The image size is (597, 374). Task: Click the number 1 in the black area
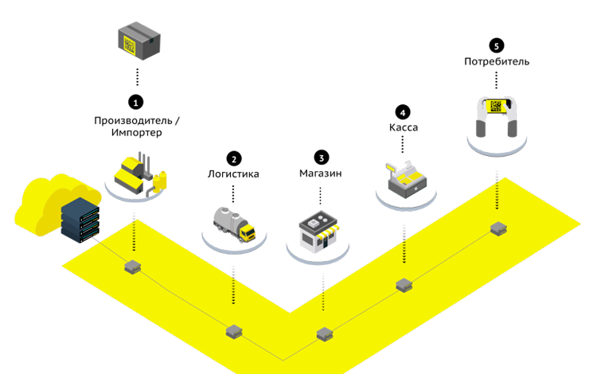pyautogui.click(x=136, y=103)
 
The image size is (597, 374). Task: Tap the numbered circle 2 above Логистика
pyautogui.click(x=233, y=158)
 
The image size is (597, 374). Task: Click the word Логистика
pyautogui.click(x=233, y=173)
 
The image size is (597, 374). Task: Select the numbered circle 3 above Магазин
pyautogui.click(x=321, y=158)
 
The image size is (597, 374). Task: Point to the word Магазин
pyautogui.click(x=321, y=173)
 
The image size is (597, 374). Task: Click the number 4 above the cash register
pyautogui.click(x=403, y=113)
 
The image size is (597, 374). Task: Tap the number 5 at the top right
pyautogui.click(x=497, y=46)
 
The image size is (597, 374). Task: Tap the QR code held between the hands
pyautogui.click(x=496, y=106)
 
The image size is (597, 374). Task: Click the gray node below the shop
pyautogui.click(x=322, y=333)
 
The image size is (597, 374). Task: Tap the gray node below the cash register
pyautogui.click(x=404, y=284)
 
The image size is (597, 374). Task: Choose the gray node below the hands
pyautogui.click(x=497, y=228)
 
